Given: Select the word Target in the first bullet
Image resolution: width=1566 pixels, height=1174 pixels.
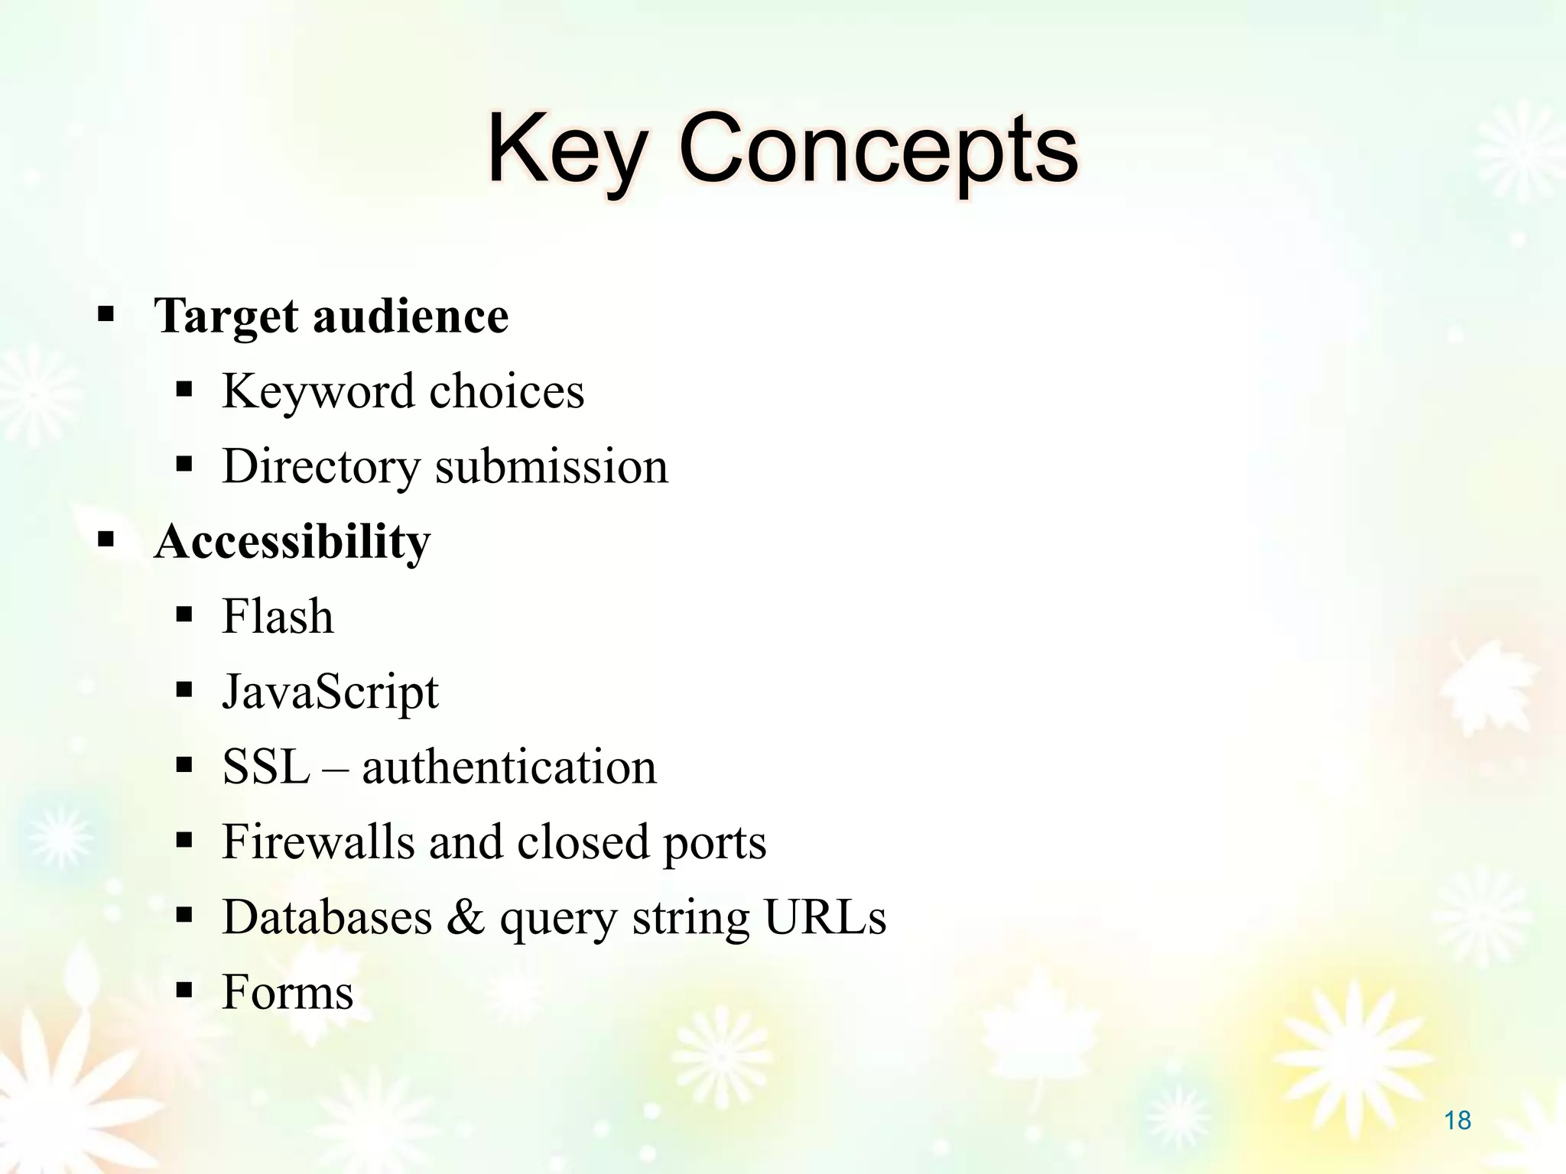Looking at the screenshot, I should [226, 316].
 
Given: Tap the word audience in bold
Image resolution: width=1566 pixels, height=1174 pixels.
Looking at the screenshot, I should [411, 316].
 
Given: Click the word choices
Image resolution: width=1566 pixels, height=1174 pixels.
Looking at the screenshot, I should [506, 392].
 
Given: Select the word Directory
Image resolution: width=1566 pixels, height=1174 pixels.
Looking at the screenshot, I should [321, 467].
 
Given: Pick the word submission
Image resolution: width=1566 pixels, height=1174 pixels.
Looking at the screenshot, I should [551, 467].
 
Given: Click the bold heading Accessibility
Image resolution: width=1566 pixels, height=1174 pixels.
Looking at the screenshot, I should [292, 543].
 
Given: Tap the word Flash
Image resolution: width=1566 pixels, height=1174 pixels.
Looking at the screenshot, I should [278, 617].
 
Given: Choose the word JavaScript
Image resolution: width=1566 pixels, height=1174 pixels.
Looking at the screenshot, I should [330, 692].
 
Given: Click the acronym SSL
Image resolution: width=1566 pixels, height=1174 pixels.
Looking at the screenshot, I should [266, 767].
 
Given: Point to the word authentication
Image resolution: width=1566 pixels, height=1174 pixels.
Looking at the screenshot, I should [509, 767].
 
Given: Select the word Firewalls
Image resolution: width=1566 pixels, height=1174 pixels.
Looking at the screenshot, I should [318, 842].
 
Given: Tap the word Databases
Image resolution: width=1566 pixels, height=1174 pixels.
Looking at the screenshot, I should [327, 917].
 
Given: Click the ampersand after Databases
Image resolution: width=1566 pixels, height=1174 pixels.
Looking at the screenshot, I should [466, 917].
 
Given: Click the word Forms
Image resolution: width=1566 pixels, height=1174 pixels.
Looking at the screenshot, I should [288, 992].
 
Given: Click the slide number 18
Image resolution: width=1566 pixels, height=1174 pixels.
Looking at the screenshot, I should [1457, 1120].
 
